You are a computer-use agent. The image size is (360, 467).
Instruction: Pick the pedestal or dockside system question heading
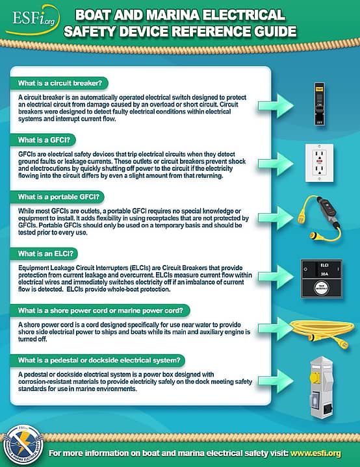[98, 359]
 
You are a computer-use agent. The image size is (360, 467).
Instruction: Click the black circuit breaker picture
[319, 102]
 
